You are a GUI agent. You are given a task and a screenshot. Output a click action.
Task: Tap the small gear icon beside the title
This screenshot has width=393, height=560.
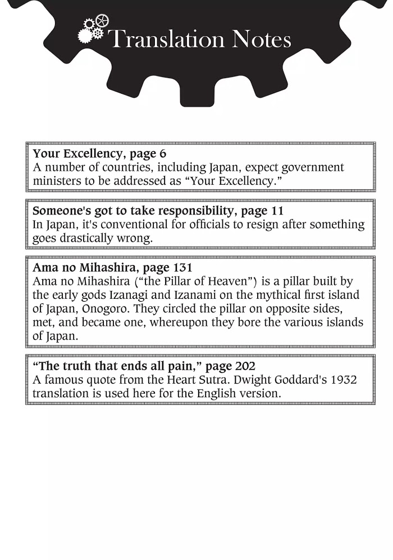click(93, 30)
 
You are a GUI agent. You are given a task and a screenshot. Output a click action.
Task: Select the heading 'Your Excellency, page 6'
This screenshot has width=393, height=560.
click(99, 153)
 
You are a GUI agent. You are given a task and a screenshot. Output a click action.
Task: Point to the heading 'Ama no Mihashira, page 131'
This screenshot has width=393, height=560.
click(112, 268)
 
